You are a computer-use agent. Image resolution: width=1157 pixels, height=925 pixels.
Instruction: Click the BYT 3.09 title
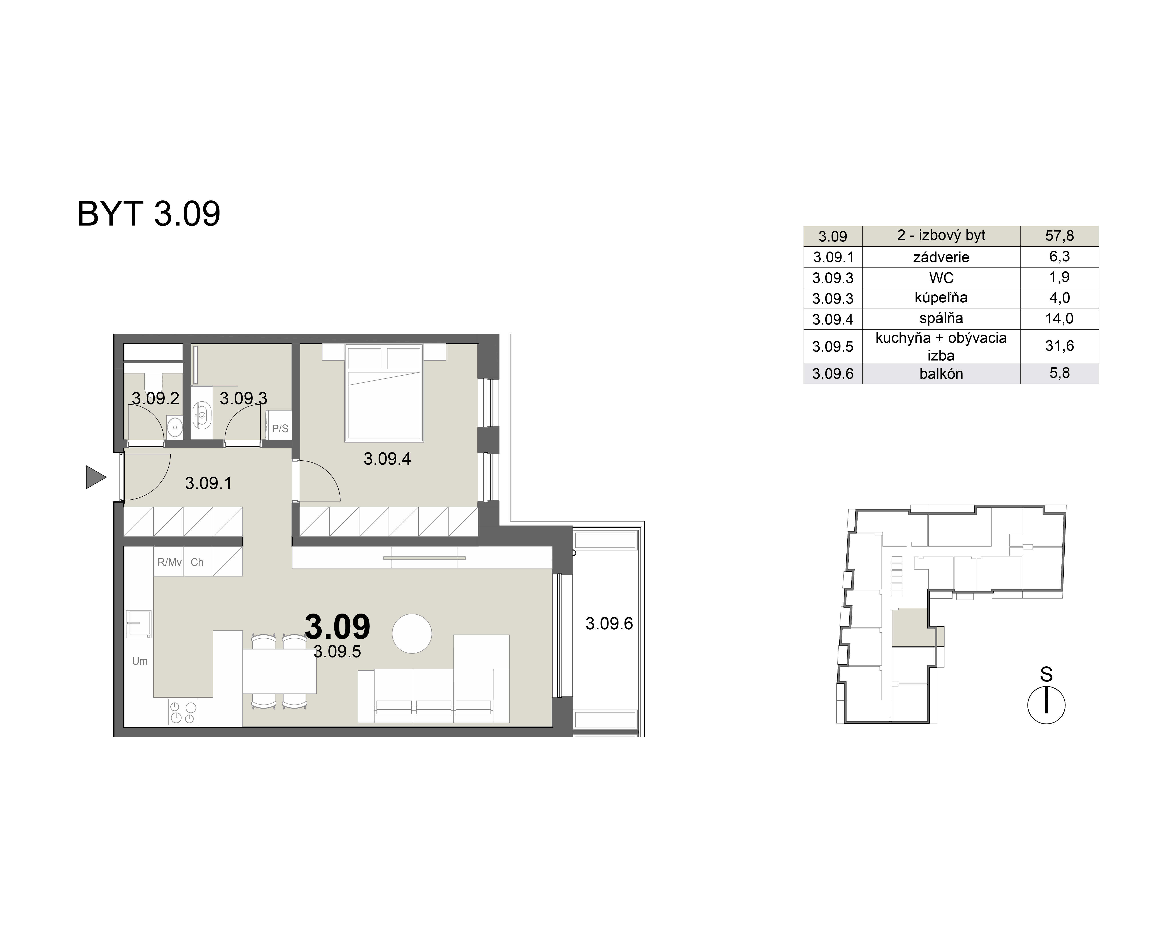(x=149, y=214)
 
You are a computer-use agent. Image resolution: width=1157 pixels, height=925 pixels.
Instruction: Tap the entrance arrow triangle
(x=95, y=477)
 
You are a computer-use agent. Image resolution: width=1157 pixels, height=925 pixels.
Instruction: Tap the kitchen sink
(x=138, y=624)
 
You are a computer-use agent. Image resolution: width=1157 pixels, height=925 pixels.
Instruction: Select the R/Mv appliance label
(x=169, y=562)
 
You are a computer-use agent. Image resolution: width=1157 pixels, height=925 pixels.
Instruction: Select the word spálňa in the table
(x=941, y=319)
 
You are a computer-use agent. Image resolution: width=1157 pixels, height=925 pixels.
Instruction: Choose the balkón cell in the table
(x=941, y=374)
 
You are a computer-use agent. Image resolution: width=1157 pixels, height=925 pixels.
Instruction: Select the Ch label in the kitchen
(x=197, y=562)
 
